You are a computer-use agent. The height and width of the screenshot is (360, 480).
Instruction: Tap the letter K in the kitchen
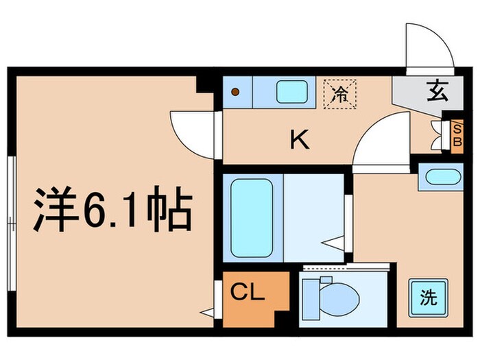[299, 141]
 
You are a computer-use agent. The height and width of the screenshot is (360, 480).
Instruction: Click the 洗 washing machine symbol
[427, 298]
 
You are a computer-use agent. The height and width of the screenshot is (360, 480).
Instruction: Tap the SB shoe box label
[458, 134]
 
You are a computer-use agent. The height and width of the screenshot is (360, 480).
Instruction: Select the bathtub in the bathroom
[252, 217]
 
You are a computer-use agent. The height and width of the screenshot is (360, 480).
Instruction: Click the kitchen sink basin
[293, 92]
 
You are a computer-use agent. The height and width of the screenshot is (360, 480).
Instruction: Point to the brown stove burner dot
[235, 92]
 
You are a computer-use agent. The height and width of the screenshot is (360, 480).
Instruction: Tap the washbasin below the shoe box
[440, 177]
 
